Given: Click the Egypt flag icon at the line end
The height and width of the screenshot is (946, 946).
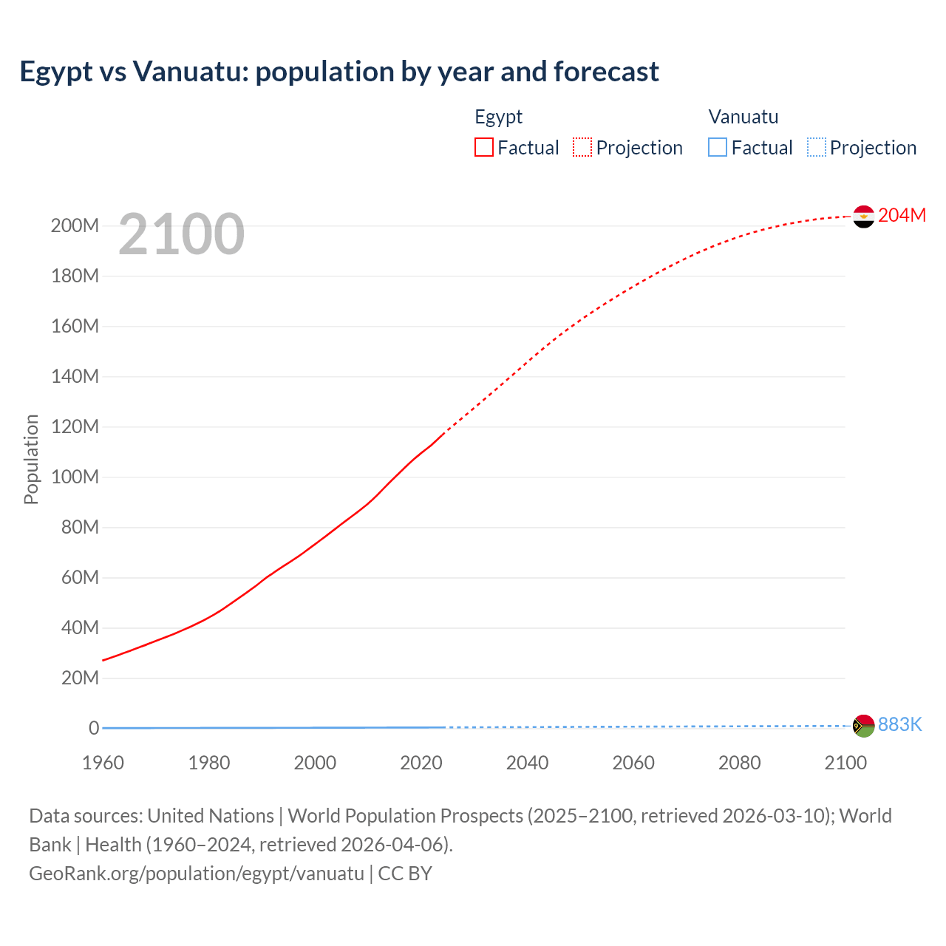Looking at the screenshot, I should click(x=863, y=217).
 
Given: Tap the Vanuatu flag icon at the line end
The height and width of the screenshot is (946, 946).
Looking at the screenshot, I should click(x=863, y=726).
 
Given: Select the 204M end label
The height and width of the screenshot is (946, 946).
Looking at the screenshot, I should click(x=902, y=215).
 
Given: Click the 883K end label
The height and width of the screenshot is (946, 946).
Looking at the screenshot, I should click(x=899, y=724).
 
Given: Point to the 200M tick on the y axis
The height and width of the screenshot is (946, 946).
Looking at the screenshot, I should click(x=75, y=225).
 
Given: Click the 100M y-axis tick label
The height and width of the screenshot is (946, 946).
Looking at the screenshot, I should click(x=75, y=477).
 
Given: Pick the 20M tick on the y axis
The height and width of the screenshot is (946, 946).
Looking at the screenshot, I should click(x=80, y=678).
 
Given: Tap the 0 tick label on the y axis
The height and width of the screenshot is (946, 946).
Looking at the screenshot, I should click(x=94, y=728).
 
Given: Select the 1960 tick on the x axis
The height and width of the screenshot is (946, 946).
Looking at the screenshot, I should click(x=103, y=763).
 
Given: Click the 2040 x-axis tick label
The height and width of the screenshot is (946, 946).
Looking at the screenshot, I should click(x=527, y=763).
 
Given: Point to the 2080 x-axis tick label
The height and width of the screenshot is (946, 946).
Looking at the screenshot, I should click(x=739, y=763).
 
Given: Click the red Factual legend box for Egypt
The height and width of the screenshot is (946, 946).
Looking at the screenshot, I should click(x=484, y=147).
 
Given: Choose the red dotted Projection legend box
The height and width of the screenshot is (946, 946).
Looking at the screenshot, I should click(x=582, y=147).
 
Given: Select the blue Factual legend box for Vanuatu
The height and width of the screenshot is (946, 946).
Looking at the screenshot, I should click(x=718, y=147).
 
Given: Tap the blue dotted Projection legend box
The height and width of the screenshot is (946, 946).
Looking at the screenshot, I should click(x=817, y=147).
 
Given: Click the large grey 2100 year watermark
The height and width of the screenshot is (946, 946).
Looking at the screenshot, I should click(x=181, y=234).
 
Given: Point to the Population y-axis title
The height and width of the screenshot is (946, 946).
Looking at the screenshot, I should click(x=31, y=459).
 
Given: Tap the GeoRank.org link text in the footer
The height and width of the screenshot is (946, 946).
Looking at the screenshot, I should click(x=196, y=873).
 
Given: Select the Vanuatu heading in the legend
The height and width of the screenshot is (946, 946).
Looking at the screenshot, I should click(x=743, y=117).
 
